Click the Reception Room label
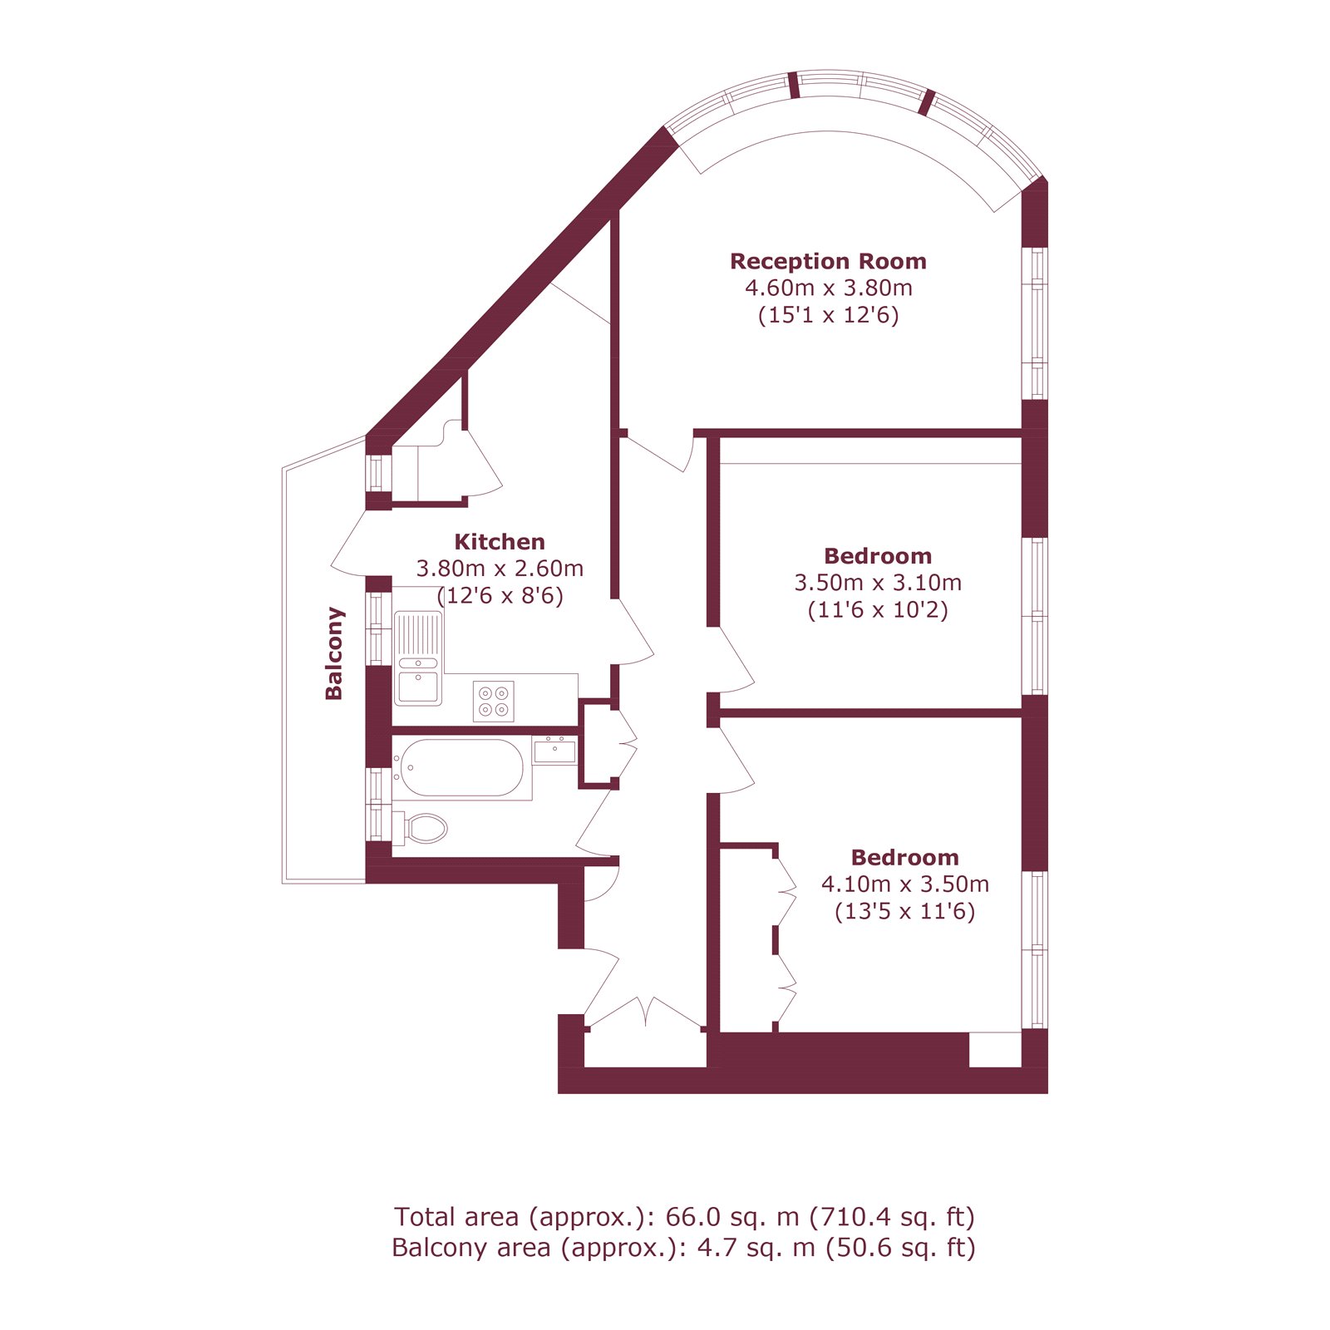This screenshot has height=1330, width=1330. click(828, 261)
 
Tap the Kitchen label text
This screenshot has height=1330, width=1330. click(499, 542)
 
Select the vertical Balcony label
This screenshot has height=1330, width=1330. click(334, 653)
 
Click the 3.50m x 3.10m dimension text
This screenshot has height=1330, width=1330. click(878, 583)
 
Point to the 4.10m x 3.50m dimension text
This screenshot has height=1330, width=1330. click(904, 884)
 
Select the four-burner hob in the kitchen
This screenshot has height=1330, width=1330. click(493, 701)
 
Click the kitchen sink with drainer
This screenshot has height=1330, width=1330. click(418, 658)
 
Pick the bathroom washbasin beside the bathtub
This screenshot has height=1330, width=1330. click(554, 751)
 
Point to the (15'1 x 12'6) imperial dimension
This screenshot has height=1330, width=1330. click(828, 315)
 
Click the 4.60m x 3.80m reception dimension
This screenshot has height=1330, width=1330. click(828, 288)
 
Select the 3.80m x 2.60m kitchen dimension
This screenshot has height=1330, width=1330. click(499, 569)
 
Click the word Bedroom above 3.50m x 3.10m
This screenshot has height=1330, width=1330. click(878, 556)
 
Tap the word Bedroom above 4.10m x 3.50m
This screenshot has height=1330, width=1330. click(904, 858)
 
